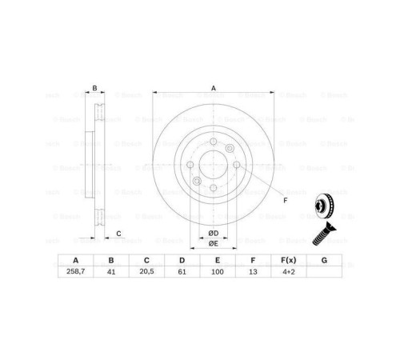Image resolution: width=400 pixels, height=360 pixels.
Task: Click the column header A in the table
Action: [x=76, y=260]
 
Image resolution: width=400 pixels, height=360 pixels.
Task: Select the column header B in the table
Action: [x=111, y=260]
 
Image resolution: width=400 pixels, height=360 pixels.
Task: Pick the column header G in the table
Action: [x=324, y=260]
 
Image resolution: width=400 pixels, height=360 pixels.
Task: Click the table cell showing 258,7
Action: [x=76, y=272]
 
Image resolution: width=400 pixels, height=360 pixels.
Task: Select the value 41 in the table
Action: [x=111, y=272]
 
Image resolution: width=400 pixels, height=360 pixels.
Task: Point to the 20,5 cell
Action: [x=146, y=272]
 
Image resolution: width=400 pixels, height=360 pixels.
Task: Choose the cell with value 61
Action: [x=182, y=272]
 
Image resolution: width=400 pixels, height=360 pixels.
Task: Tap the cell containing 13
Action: [x=253, y=272]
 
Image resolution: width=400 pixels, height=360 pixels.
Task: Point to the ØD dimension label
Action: [x=213, y=232]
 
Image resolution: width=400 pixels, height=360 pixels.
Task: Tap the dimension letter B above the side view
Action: [x=94, y=88]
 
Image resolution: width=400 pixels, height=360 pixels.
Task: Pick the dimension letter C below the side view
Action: [x=118, y=233]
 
